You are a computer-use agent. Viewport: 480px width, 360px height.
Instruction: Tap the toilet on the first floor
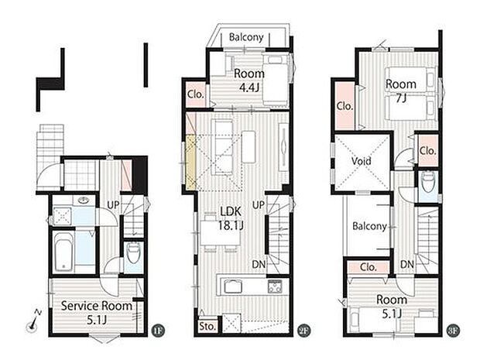coord(132,252)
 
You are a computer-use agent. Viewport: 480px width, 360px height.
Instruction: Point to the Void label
coord(362,162)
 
